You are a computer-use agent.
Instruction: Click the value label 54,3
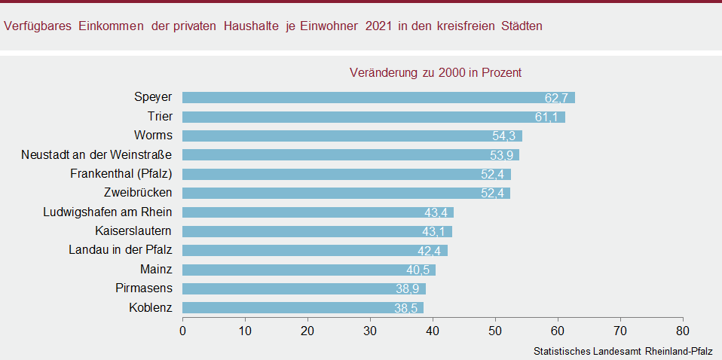[x=506, y=136]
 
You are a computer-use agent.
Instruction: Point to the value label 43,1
[x=436, y=232]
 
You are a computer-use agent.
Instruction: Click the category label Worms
[x=153, y=136]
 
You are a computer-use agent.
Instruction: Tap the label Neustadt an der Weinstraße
[x=96, y=154]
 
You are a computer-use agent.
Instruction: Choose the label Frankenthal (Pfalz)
[x=118, y=174]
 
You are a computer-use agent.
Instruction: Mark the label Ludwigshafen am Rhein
[x=108, y=212]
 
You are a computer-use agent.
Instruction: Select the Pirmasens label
[x=144, y=288]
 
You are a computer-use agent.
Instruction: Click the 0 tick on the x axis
[x=182, y=329]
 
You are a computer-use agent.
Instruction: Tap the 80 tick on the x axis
[x=682, y=329]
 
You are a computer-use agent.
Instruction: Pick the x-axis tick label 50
[x=494, y=329]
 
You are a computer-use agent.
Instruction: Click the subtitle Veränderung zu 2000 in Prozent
[x=436, y=73]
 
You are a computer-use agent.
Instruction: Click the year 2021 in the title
[x=379, y=26]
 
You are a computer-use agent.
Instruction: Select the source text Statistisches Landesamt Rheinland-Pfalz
[x=623, y=352]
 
